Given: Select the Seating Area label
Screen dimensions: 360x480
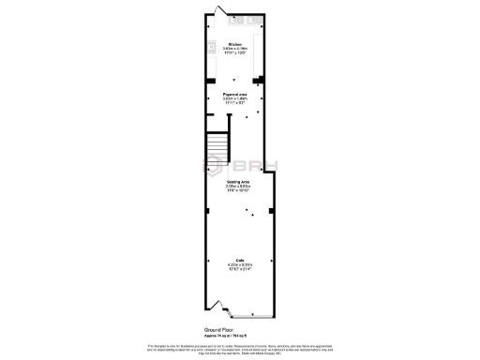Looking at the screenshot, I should pos(237,181).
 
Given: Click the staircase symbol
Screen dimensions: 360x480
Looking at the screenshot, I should pos(217,145).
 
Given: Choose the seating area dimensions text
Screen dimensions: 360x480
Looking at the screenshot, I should pos(237,187).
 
